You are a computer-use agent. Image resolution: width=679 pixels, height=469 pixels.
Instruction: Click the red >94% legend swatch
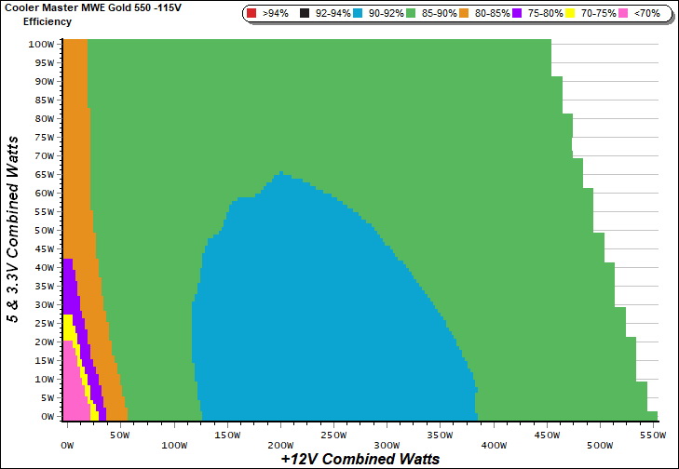pyautogui.click(x=251, y=14)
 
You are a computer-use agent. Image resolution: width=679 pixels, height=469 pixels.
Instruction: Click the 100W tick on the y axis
pyautogui.click(x=41, y=44)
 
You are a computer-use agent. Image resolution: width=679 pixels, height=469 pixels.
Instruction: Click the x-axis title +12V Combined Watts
pyautogui.click(x=360, y=459)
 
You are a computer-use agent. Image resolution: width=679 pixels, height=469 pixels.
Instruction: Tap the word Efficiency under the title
pyautogui.click(x=48, y=21)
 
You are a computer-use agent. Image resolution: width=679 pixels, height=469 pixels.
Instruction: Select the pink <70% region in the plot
pyautogui.click(x=73, y=391)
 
